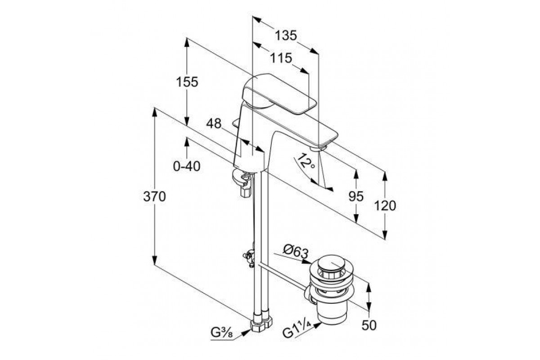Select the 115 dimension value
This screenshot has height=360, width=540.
[x=281, y=58]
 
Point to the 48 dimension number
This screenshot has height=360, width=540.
[x=214, y=124]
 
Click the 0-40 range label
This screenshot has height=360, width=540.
[x=186, y=166]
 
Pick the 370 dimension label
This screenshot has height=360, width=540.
[x=155, y=196]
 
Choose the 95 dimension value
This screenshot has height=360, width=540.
[x=356, y=197]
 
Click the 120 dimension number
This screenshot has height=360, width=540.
[x=385, y=206]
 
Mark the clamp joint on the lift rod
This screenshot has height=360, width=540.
[x=248, y=257]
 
